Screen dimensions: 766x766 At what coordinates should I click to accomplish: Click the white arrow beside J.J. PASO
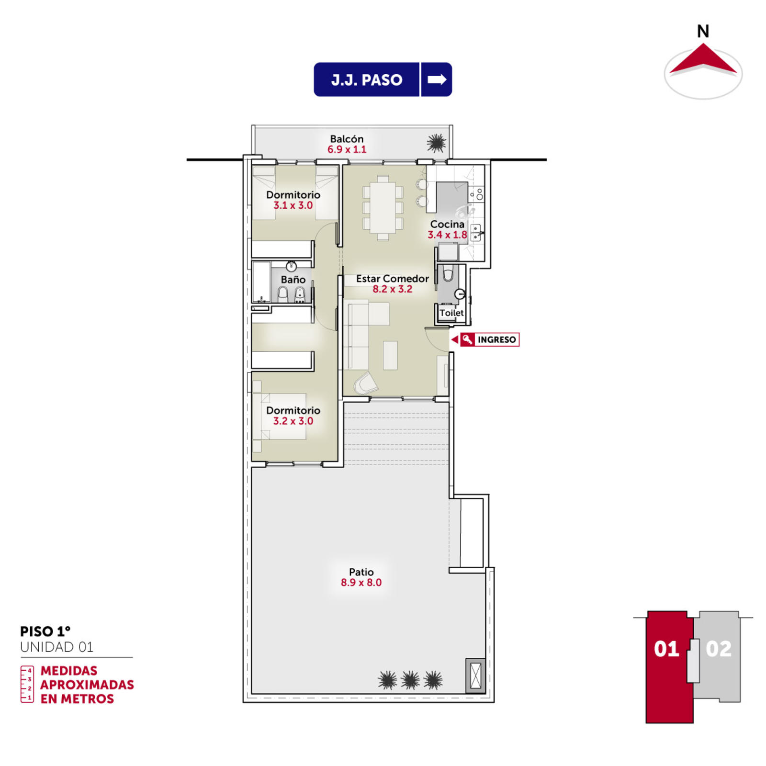click(437, 79)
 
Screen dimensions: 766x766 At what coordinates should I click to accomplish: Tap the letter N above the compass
click(703, 32)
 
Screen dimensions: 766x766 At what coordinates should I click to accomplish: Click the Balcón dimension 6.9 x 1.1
click(347, 149)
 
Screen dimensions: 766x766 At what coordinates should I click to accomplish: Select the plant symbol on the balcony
click(436, 143)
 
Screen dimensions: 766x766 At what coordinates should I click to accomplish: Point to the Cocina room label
click(447, 224)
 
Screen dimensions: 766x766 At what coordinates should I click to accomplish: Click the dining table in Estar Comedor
click(383, 207)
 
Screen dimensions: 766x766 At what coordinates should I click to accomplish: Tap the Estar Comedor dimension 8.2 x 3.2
click(392, 289)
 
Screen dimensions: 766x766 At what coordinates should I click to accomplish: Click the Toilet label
click(451, 313)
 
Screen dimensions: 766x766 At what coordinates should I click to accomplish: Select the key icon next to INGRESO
click(467, 339)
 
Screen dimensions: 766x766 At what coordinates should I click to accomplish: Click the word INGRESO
click(496, 339)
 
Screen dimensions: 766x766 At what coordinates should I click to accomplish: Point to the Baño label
click(293, 279)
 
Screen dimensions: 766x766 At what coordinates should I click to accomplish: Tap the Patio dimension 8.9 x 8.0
click(361, 583)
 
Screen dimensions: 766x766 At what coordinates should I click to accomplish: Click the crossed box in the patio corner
click(475, 676)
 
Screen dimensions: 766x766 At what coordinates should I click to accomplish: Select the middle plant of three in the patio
click(410, 680)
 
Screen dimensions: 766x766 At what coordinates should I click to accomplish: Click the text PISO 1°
click(45, 631)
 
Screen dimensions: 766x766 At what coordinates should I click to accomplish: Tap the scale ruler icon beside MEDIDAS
click(27, 684)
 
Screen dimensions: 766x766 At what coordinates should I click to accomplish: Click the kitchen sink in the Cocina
click(476, 233)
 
